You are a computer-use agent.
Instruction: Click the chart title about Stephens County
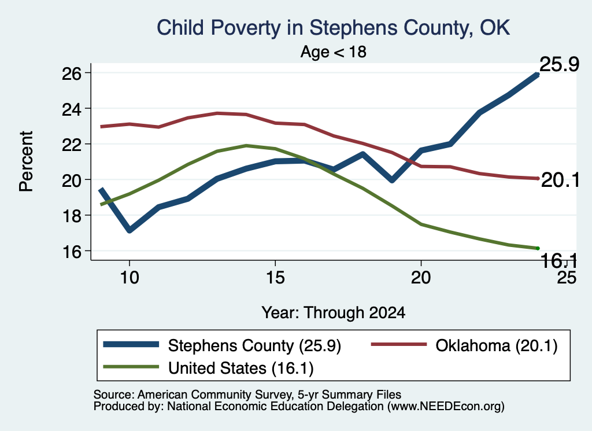(334, 28)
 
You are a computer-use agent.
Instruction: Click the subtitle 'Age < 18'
(334, 52)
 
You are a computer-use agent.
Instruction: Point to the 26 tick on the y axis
(71, 73)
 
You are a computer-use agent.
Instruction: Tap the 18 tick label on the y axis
(71, 216)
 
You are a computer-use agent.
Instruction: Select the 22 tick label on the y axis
(71, 144)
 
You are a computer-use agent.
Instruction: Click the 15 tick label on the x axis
(275, 278)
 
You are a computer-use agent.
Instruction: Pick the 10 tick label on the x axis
(129, 278)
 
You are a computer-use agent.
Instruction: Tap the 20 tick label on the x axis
(421, 278)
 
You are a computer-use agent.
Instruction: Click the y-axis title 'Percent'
(26, 161)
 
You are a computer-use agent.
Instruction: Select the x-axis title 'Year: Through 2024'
(334, 313)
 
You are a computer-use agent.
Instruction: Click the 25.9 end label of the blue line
(559, 64)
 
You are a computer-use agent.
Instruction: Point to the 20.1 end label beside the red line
(560, 180)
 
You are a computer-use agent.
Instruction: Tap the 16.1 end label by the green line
(559, 261)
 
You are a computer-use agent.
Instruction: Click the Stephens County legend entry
(222, 345)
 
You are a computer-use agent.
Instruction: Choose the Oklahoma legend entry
(464, 345)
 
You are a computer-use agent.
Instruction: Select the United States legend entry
(208, 368)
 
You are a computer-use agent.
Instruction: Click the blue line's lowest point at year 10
(129, 230)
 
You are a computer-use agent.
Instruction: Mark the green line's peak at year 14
(246, 145)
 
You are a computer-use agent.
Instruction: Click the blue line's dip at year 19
(392, 179)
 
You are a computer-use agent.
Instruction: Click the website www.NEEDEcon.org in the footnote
(446, 407)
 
